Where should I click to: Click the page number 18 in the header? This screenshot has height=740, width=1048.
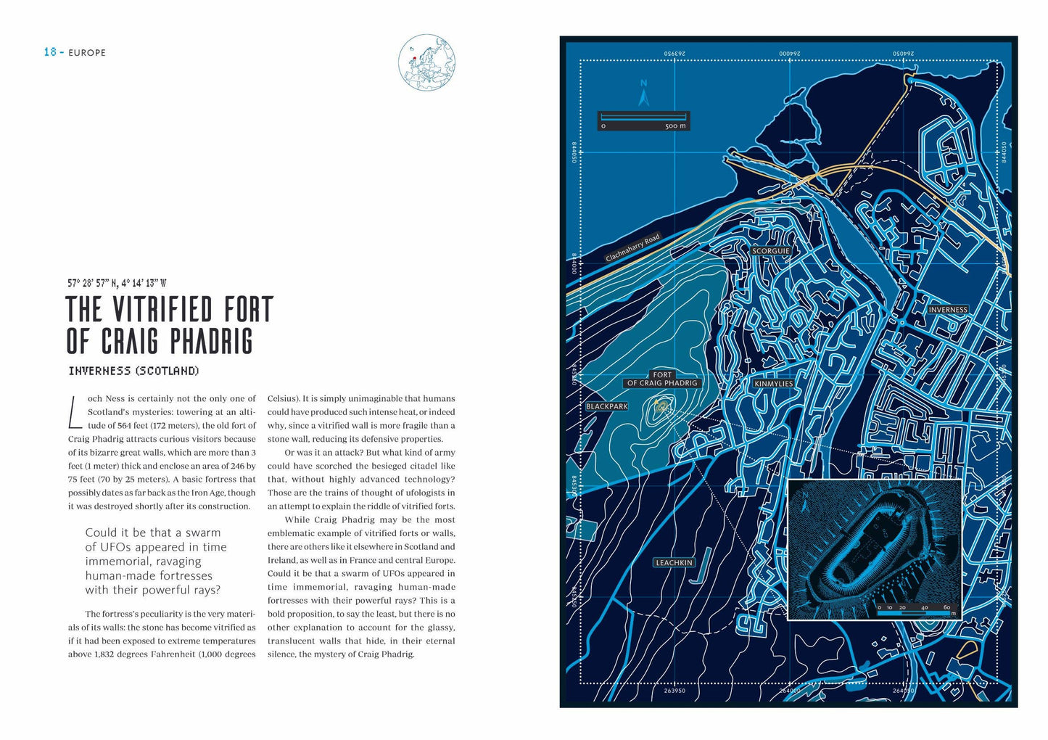(50, 52)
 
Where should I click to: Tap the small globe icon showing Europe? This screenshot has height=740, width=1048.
(426, 62)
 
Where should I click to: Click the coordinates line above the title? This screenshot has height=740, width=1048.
(117, 284)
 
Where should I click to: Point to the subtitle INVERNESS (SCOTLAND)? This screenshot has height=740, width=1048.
(133, 371)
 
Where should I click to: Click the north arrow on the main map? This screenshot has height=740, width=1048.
(643, 94)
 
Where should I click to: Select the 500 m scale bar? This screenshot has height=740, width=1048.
(643, 120)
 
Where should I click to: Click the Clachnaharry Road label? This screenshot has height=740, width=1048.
(632, 247)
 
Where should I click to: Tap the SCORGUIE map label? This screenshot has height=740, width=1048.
(771, 251)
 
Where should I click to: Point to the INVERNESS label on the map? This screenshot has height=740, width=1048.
(948, 310)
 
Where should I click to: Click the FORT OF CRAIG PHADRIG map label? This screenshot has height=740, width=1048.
(661, 379)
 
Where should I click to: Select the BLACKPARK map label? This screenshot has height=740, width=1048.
(607, 406)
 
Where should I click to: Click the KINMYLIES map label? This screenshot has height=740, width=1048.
(774, 384)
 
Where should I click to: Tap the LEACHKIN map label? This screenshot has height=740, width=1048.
(674, 563)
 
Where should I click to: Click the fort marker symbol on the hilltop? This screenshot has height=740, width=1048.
(661, 407)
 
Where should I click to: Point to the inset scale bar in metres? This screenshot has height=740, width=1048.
(914, 612)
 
